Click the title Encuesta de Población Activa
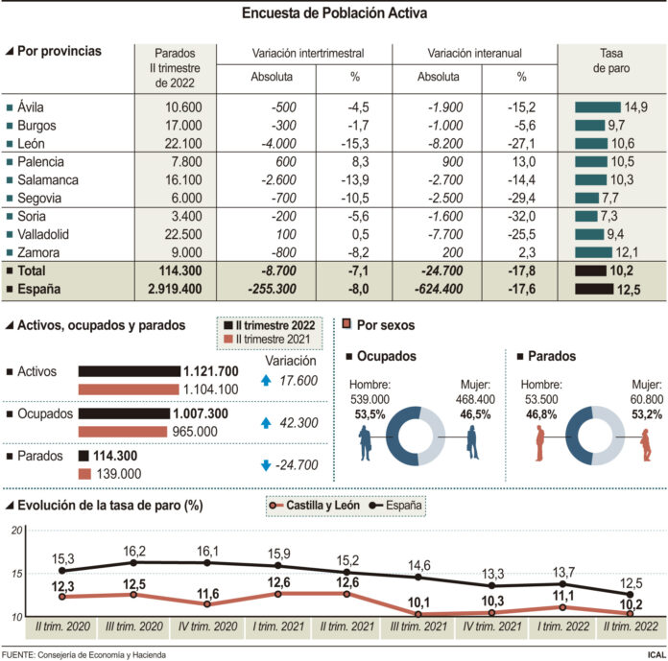334,13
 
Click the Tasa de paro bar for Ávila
597,107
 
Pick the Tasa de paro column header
611,60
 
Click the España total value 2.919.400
168,289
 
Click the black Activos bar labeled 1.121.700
129,371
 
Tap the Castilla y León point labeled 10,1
418,614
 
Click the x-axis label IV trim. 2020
206,627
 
